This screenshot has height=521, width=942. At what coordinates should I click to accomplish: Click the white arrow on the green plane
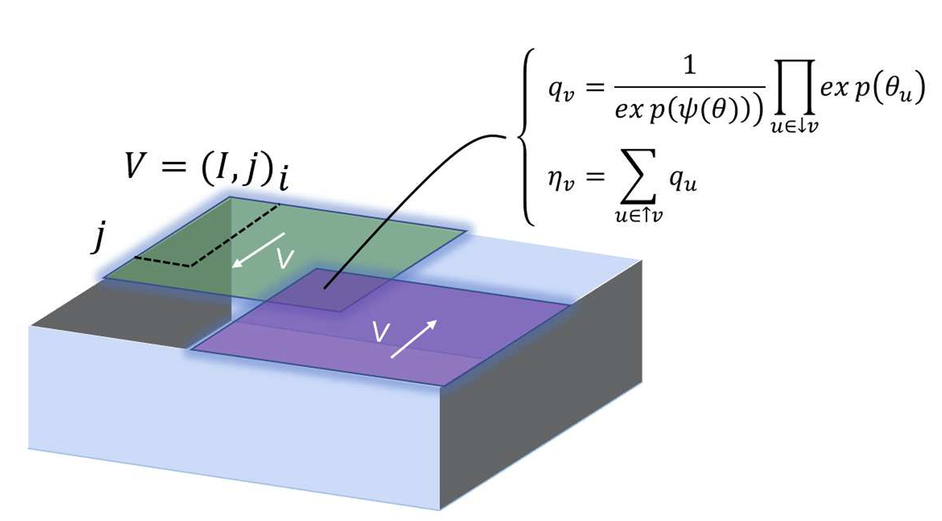click(258, 250)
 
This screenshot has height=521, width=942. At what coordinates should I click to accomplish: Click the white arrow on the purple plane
click(414, 339)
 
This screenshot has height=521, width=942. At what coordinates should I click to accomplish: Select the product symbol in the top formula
click(794, 87)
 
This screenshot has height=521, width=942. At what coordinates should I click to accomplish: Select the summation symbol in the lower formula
click(639, 176)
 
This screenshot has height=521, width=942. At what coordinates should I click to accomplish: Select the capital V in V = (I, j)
click(135, 165)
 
